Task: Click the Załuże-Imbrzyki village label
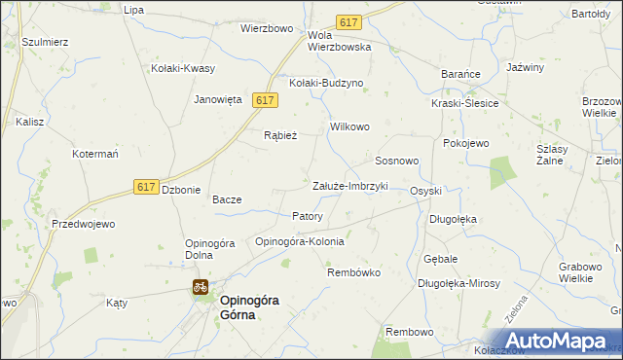pyautogui.click(x=349, y=186)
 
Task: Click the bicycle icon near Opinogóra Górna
pyautogui.click(x=200, y=287)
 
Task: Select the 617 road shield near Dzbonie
pyautogui.click(x=146, y=187)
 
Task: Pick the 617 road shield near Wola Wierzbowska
pyautogui.click(x=348, y=21)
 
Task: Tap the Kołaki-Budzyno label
pyautogui.click(x=325, y=83)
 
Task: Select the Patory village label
pyautogui.click(x=308, y=216)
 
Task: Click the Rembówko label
pyautogui.click(x=352, y=272)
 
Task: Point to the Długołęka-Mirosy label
pyautogui.click(x=458, y=283)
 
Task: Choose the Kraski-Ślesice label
pyautogui.click(x=465, y=103)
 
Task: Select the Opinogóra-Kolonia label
pyautogui.click(x=299, y=241)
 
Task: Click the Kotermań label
pyautogui.click(x=95, y=154)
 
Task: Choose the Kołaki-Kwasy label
pyautogui.click(x=183, y=68)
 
